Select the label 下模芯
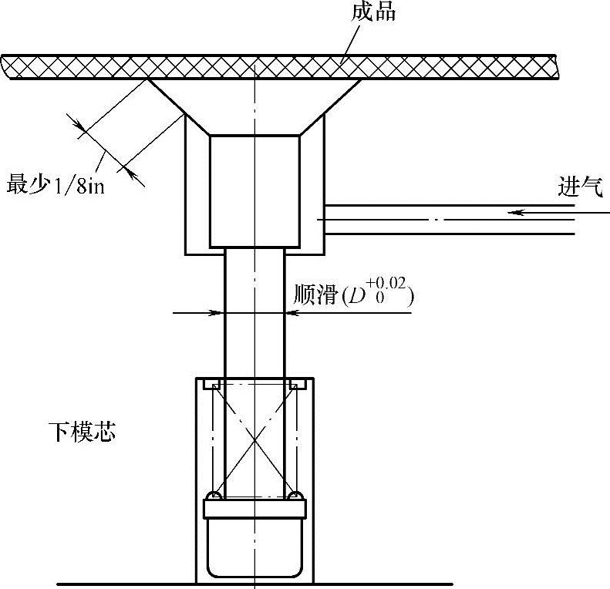click(81, 432)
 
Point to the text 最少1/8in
click(55, 186)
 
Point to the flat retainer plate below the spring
click(254, 508)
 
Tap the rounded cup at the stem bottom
click(254, 547)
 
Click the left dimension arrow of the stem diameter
click(217, 313)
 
